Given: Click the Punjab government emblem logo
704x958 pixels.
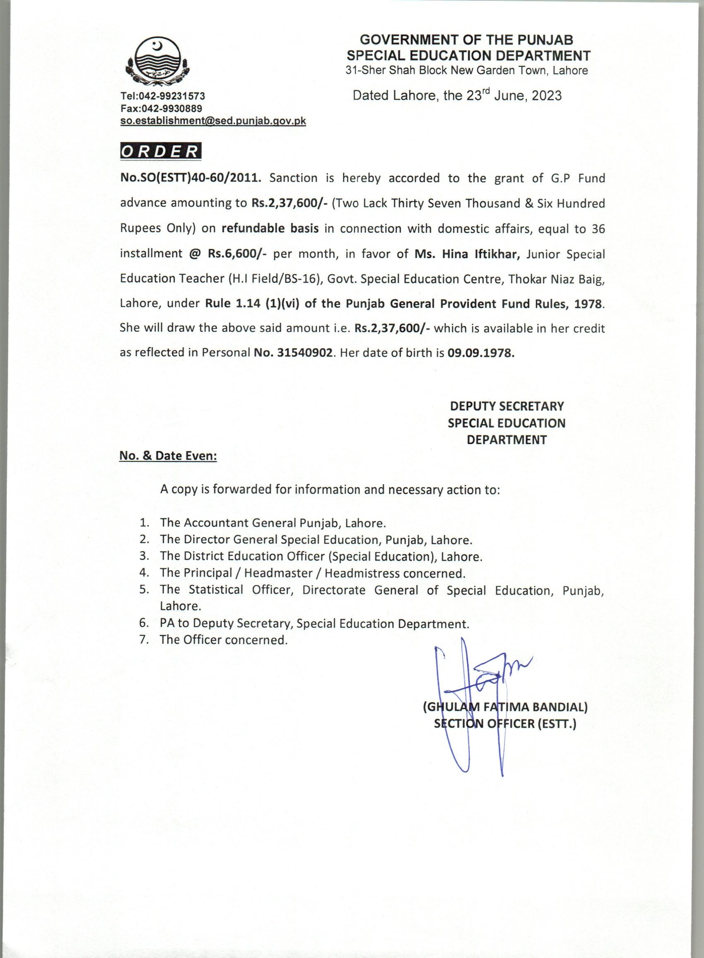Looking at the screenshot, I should coord(158,60).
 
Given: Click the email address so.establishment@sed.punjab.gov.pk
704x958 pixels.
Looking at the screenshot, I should coord(213,121).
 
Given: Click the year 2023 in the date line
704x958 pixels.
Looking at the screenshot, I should coord(546,95).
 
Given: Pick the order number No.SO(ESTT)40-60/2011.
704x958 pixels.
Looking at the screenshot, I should coord(190,178).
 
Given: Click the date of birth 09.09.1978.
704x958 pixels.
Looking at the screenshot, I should coord(481,353).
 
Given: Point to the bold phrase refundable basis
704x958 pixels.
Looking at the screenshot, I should coord(270,229).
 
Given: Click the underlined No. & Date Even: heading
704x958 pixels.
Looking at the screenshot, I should coord(168,456).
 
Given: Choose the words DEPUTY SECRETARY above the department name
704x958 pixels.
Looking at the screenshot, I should coord(507,406).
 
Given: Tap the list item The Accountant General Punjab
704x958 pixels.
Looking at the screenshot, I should coord(273,523).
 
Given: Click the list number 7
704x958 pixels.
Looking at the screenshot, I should coord(144,639).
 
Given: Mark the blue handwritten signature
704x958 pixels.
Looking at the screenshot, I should coord(473,682).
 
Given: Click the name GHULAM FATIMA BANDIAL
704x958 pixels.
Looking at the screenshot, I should coord(505,707).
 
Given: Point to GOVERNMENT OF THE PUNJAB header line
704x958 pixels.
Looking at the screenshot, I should coord(467,40).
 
